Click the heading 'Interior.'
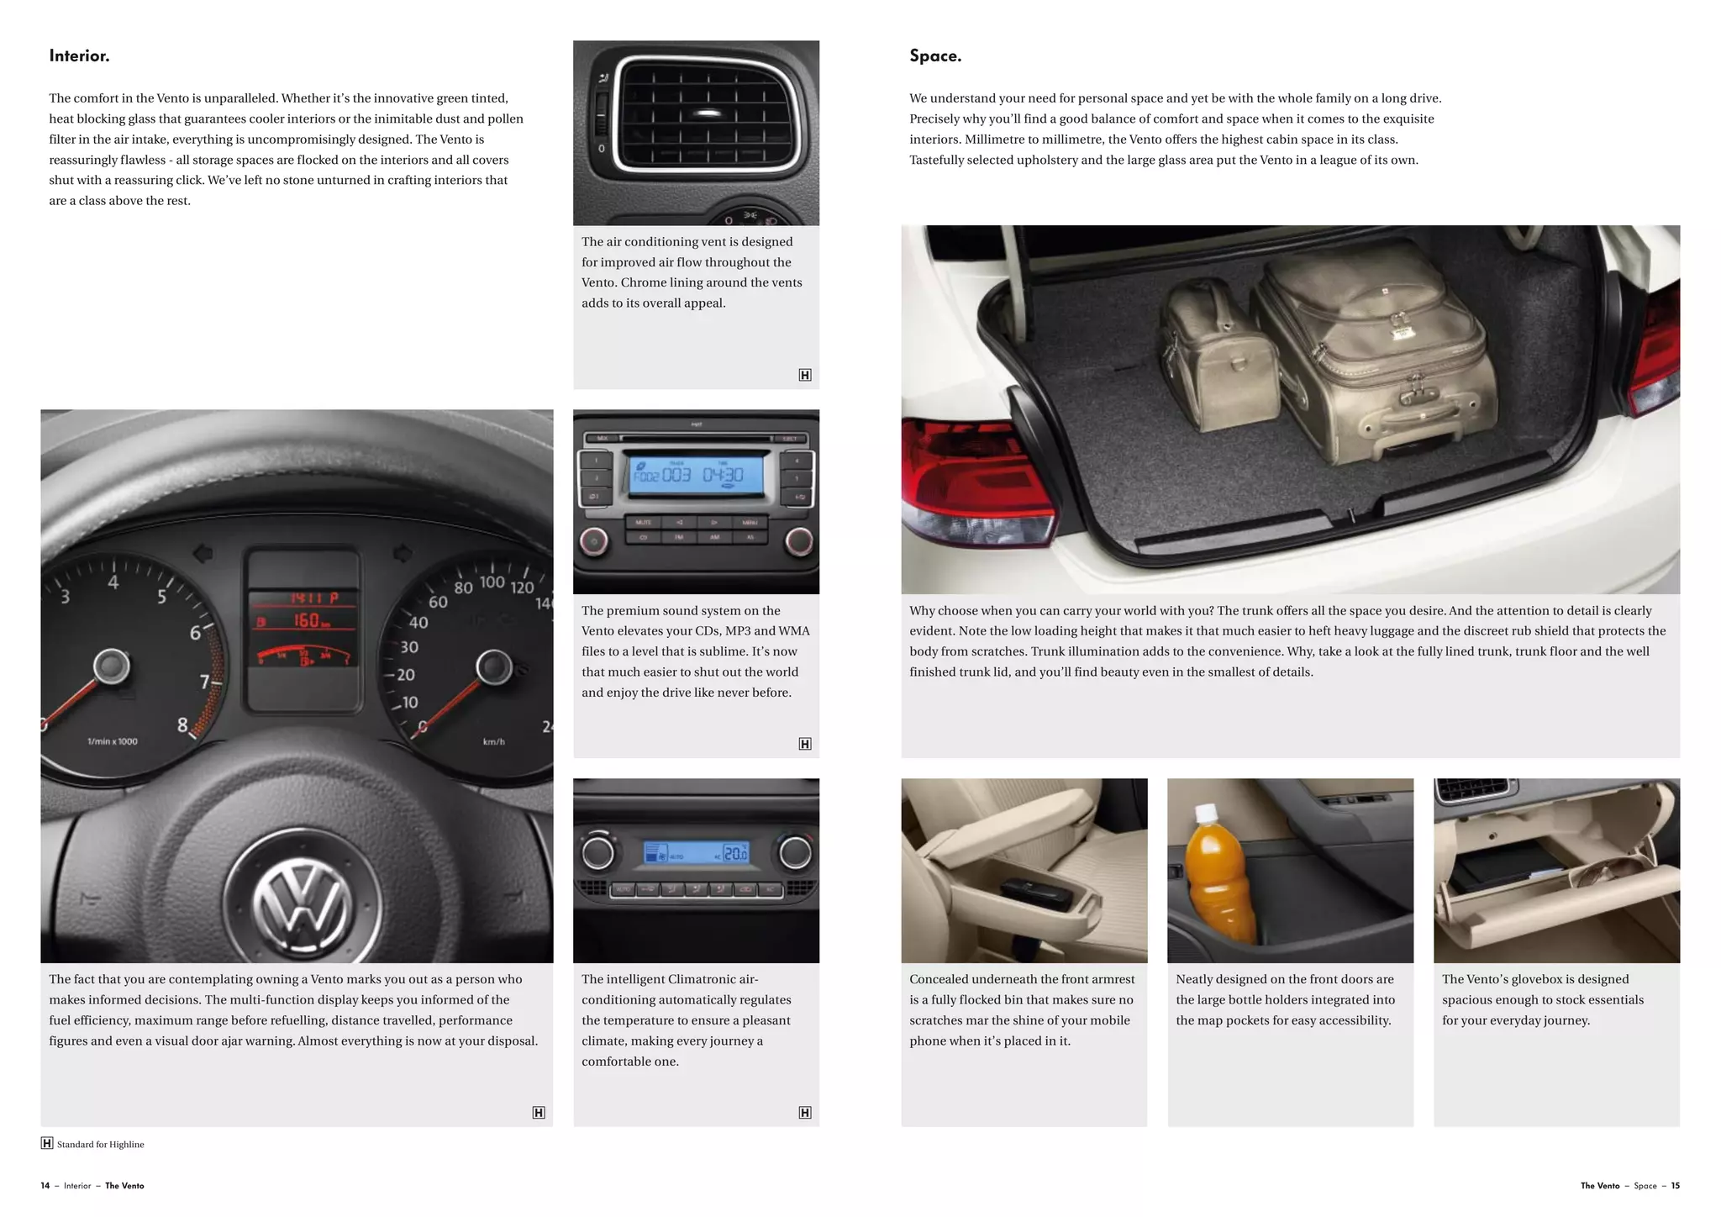coord(79,56)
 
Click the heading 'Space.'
coord(935,56)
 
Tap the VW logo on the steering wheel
coord(303,904)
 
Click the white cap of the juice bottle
coord(1207,813)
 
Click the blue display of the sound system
coord(697,475)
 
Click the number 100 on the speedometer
coord(492,582)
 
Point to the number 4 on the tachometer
coord(113,582)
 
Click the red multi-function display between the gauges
coord(303,630)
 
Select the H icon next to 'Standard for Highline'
coord(47,1143)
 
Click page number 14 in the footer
coord(45,1186)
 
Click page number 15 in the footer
coord(1675,1186)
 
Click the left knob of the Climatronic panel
coord(598,853)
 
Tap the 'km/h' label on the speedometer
coord(494,741)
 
